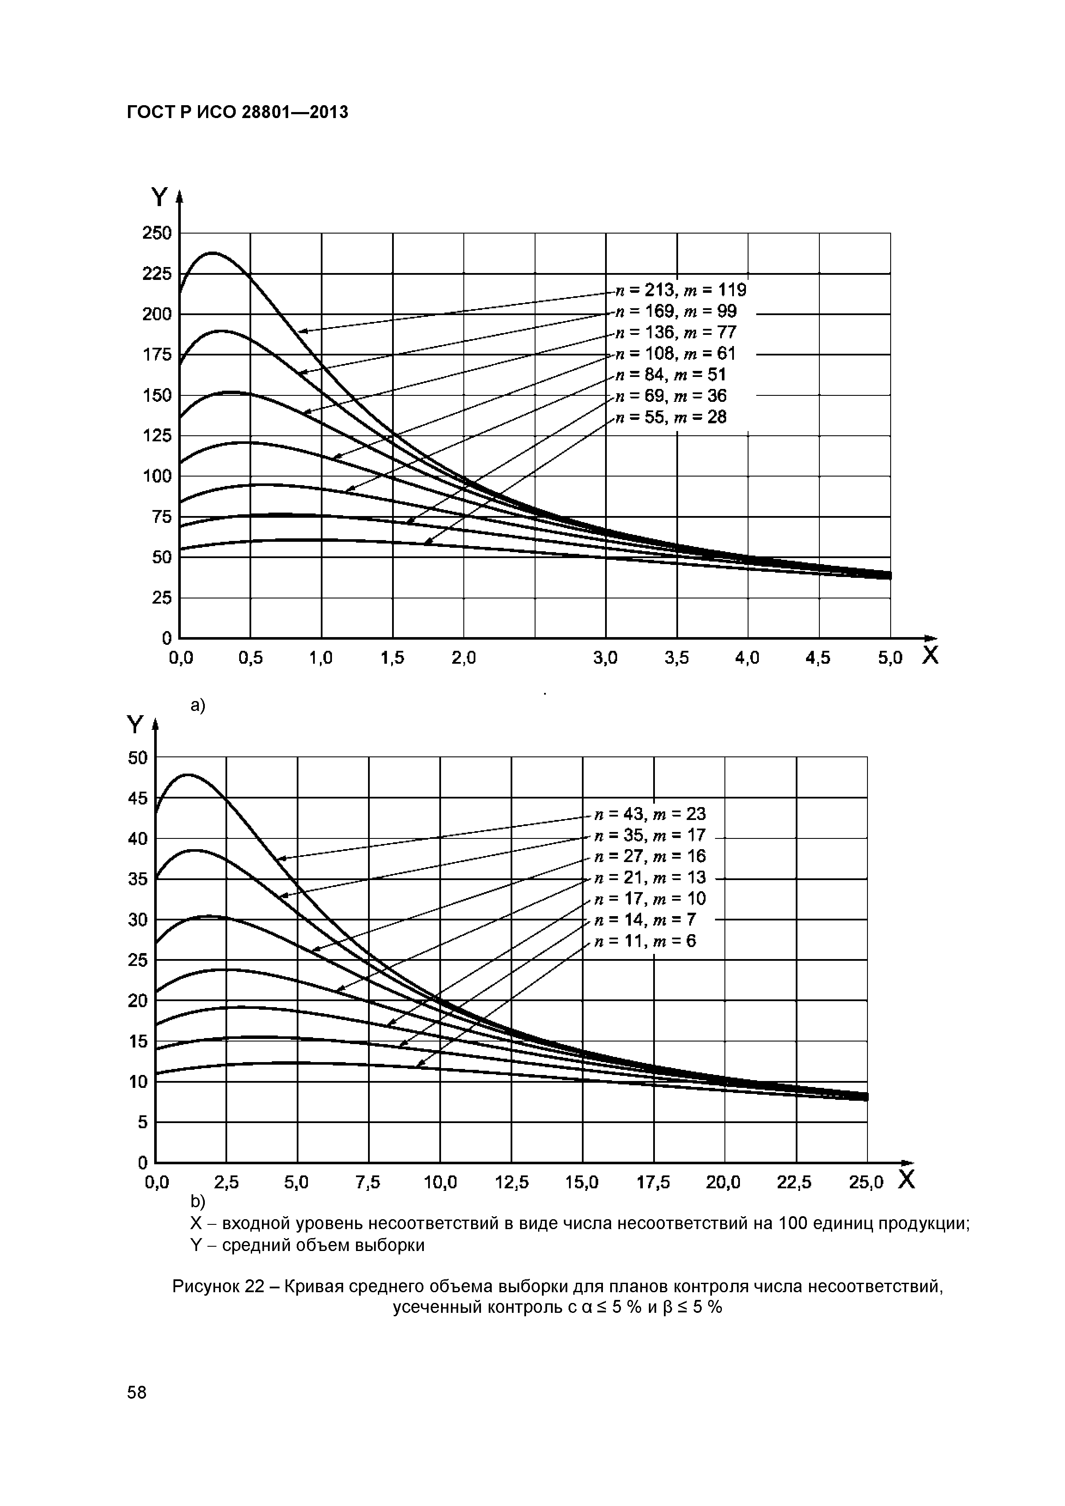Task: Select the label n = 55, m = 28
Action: (x=671, y=417)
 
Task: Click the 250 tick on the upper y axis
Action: (x=157, y=233)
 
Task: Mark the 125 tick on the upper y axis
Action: (x=157, y=436)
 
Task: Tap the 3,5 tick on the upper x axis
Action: (x=676, y=658)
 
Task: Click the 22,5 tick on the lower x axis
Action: (x=794, y=1183)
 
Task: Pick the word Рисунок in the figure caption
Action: (x=205, y=1287)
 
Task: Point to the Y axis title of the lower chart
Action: (x=135, y=726)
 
